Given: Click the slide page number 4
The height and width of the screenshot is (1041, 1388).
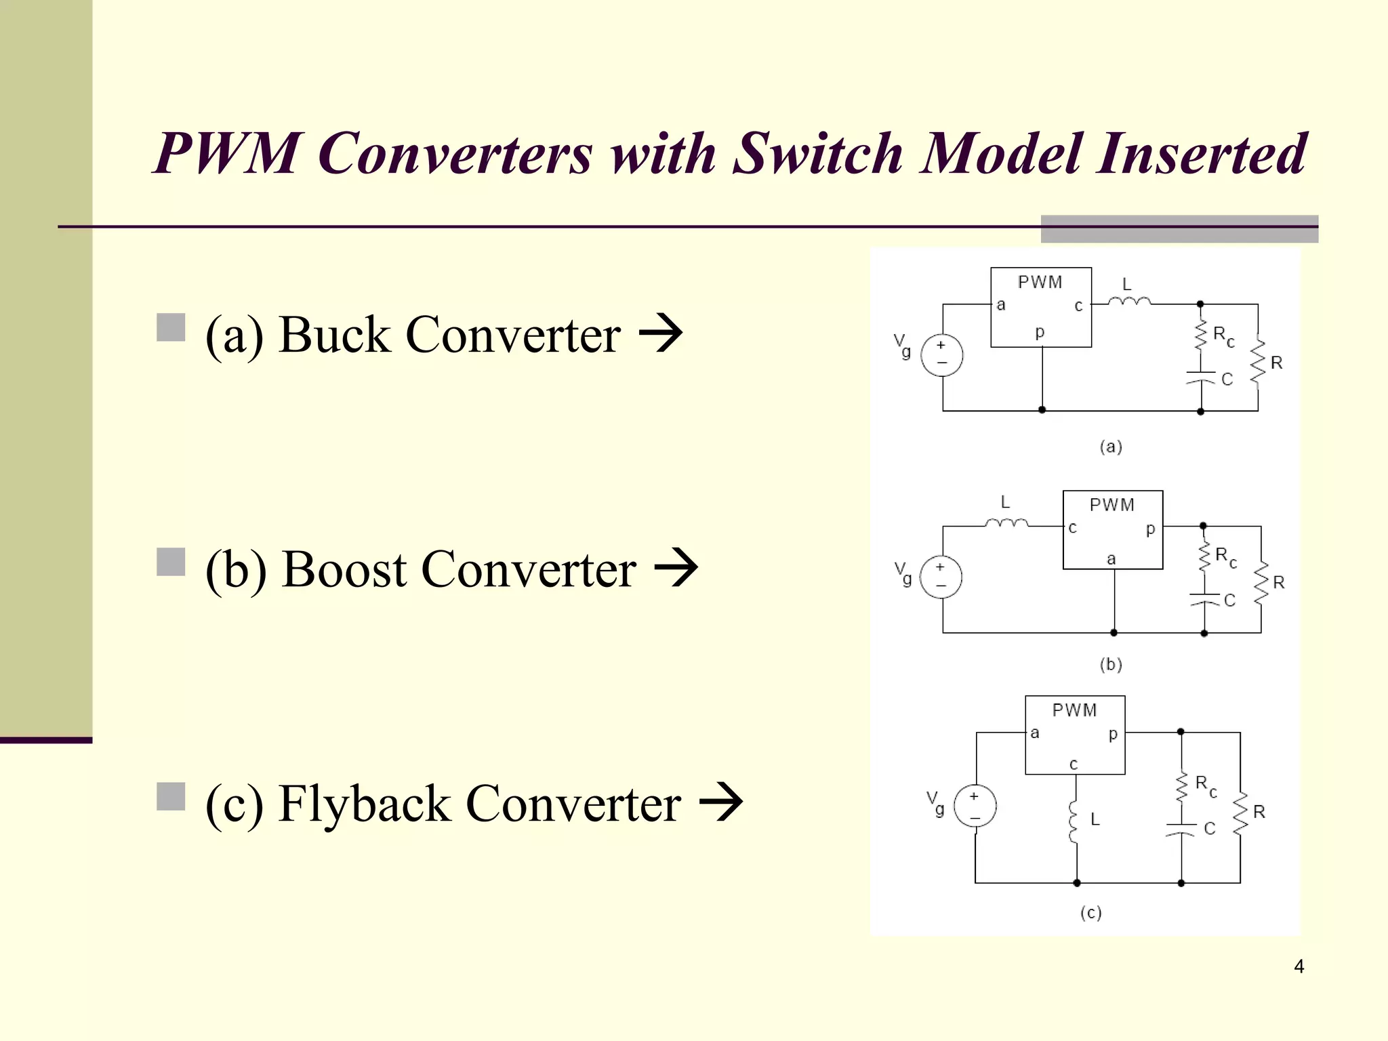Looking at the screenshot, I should tap(1299, 966).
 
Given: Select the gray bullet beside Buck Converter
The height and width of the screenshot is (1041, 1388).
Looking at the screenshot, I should tap(171, 327).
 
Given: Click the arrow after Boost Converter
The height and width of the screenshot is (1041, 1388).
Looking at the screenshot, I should tap(676, 568).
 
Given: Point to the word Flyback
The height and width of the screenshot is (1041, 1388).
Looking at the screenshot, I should tap(365, 804).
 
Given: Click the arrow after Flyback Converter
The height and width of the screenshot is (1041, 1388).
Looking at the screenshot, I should tap(721, 802).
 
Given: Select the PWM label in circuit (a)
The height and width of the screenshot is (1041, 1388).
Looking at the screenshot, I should tap(1040, 282).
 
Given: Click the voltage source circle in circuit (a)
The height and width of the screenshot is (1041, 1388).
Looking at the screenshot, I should tap(942, 355).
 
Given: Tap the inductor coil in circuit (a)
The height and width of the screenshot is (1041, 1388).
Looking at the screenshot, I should tap(1129, 300).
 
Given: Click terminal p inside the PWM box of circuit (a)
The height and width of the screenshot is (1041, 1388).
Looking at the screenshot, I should tap(1040, 332).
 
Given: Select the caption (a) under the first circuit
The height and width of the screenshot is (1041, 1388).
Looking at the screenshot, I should tap(1110, 447).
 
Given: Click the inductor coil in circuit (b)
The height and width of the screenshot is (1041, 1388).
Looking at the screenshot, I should tap(1006, 522).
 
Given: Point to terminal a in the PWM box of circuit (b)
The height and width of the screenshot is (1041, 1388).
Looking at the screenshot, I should tap(1111, 559).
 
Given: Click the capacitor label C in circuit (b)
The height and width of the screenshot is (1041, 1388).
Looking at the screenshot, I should tap(1229, 600).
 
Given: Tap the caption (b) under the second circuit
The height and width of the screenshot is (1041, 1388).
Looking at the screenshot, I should tap(1110, 664).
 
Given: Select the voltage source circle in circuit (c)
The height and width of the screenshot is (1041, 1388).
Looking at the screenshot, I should tap(975, 806).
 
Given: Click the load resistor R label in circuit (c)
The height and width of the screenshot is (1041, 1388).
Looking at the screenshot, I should tap(1259, 812).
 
